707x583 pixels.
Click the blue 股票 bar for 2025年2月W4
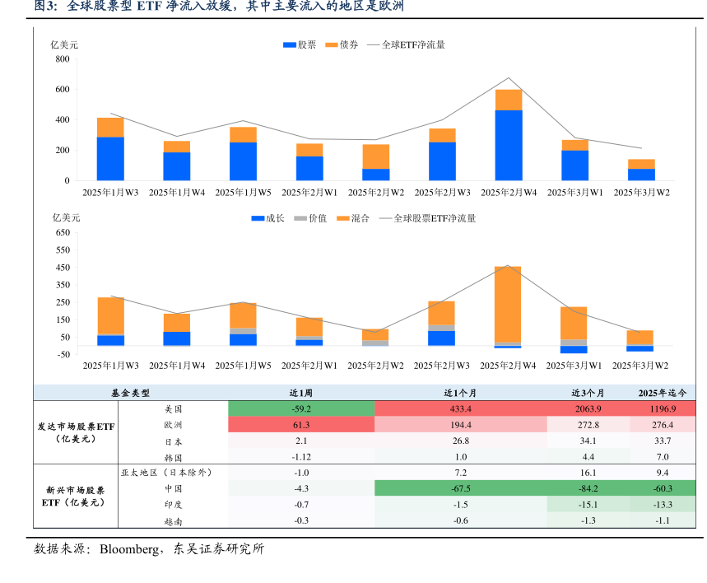tap(508, 145)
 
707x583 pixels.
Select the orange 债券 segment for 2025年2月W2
tap(375, 156)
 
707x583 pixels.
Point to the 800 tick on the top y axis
tap(63, 59)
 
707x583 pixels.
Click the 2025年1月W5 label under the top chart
tap(243, 193)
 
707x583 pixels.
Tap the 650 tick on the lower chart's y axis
tap(63, 233)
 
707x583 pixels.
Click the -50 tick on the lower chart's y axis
tap(63, 354)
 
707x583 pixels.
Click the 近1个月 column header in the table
tap(460, 393)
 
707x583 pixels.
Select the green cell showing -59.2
tap(300, 408)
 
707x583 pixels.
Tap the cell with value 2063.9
tap(588, 408)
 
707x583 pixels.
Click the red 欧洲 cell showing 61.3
tap(300, 425)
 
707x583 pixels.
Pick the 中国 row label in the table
tap(173, 489)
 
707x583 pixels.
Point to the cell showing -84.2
tap(588, 489)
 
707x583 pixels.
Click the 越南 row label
tap(173, 520)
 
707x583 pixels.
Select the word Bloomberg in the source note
tap(130, 548)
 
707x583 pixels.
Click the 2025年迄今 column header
tap(663, 393)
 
